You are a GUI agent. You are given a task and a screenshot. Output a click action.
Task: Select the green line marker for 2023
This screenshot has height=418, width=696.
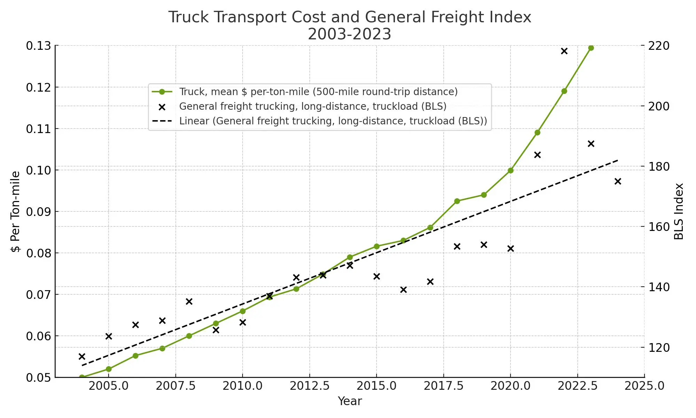(x=591, y=48)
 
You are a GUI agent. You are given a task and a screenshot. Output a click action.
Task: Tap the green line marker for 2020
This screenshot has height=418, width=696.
(x=511, y=170)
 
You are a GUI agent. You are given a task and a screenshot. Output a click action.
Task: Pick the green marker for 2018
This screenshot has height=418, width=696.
(x=457, y=201)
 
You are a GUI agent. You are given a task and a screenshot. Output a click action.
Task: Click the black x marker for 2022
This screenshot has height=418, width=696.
(x=564, y=51)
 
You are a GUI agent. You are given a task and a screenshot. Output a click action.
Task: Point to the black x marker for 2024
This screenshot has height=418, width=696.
(x=618, y=181)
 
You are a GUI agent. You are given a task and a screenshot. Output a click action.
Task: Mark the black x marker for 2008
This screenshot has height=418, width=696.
(x=189, y=301)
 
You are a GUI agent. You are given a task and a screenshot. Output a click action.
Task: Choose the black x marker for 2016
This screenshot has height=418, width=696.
(x=403, y=289)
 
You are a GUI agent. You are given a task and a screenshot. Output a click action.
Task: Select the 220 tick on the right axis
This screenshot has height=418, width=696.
(x=659, y=46)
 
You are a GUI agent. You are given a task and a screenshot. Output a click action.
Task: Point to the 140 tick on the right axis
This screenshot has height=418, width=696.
(x=659, y=287)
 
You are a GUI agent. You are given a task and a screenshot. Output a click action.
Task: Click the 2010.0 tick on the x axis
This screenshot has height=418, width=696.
(x=243, y=386)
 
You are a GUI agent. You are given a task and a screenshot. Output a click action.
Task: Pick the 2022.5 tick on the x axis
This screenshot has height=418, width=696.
(x=578, y=386)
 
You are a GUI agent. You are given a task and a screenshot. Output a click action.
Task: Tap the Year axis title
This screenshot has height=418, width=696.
(x=350, y=401)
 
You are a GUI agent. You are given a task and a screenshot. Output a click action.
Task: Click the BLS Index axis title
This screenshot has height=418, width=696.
(x=679, y=211)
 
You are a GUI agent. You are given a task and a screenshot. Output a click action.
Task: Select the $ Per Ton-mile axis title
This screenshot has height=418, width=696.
(x=16, y=211)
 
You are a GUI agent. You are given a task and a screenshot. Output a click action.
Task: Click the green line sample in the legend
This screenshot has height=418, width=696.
(x=162, y=92)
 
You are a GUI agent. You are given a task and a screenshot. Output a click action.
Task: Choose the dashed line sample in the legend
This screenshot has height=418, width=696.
(x=162, y=121)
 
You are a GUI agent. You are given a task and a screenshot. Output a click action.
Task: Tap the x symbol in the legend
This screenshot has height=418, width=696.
(x=162, y=107)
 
